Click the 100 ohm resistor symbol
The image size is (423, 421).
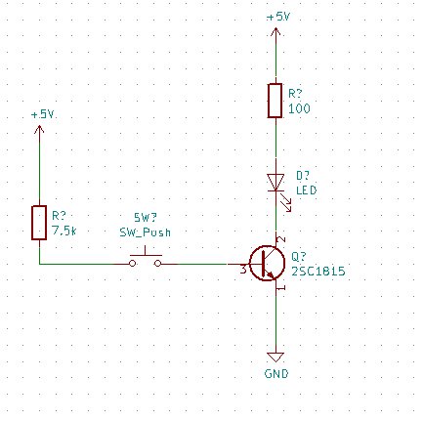(277, 101)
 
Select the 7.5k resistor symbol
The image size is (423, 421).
(39, 222)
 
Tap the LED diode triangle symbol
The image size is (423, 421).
(277, 181)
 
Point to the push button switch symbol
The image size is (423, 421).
(148, 261)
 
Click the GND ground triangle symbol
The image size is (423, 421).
(277, 358)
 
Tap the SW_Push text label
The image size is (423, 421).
(147, 233)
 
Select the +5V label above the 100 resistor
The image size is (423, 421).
(277, 17)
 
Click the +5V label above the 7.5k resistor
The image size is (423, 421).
(41, 114)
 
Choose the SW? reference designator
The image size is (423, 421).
(146, 220)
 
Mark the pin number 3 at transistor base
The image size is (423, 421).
(241, 270)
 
